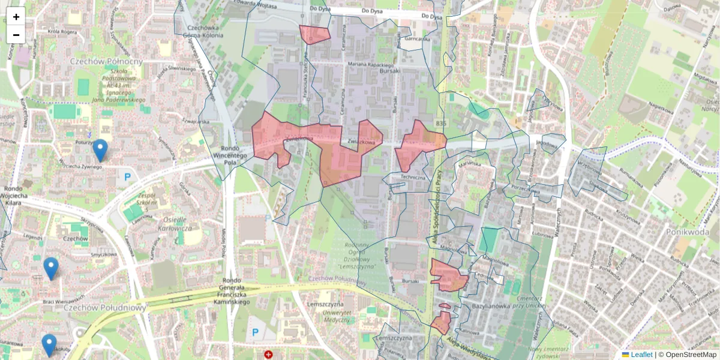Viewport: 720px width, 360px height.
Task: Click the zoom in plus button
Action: [16, 17]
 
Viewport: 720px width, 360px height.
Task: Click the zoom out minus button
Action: [16, 35]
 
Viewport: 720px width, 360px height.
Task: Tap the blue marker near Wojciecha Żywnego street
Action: [100, 150]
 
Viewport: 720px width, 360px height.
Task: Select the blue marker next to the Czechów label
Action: [51, 268]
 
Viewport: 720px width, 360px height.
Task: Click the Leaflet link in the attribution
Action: [641, 355]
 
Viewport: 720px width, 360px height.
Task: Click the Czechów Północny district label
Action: [106, 61]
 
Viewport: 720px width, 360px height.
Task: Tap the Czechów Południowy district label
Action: [104, 307]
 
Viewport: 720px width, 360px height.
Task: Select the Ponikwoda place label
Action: [688, 231]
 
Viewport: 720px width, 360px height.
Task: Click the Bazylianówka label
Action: [491, 305]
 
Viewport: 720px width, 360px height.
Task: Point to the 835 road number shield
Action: [442, 123]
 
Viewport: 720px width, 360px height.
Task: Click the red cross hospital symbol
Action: [268, 355]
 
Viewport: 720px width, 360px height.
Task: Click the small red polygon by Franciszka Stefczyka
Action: [314, 35]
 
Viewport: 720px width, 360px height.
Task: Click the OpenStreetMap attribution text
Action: [691, 355]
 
